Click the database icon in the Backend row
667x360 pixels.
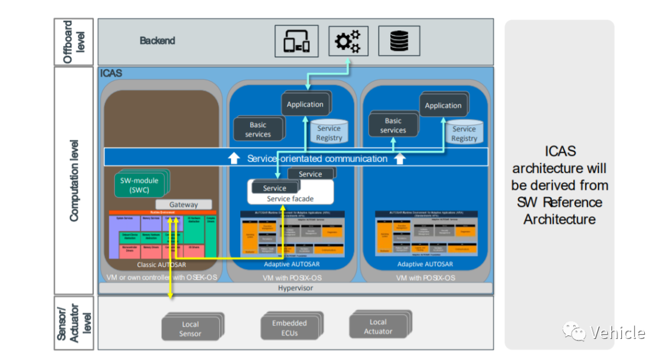[x=399, y=41]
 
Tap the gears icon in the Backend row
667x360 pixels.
[x=348, y=41]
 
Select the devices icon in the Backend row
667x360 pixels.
[x=296, y=41]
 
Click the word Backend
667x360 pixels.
[x=157, y=41]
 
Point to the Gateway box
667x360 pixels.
[x=183, y=204]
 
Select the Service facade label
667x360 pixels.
[x=290, y=199]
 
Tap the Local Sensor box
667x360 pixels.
[x=190, y=329]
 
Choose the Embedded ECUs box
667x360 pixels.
[x=289, y=328]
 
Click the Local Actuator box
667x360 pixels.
[x=378, y=327]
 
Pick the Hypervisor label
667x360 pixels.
[x=295, y=288]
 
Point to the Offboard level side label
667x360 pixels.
[x=74, y=42]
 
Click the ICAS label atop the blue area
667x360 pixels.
[x=112, y=73]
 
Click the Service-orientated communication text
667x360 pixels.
[x=317, y=159]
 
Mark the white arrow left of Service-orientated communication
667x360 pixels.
[x=233, y=159]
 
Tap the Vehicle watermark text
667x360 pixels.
[x=618, y=333]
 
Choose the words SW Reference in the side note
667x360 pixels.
[x=560, y=202]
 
